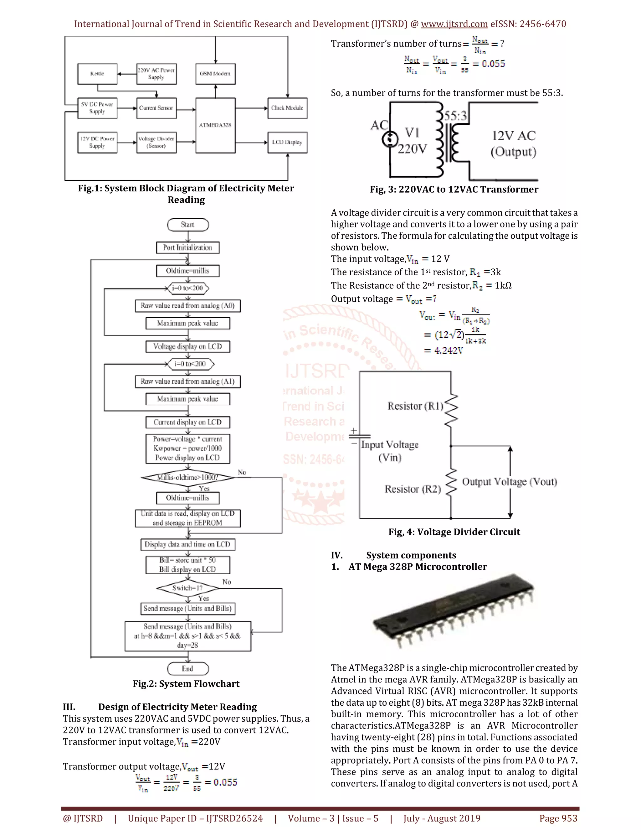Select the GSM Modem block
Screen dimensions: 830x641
(215, 74)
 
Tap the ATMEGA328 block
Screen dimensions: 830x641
(215, 125)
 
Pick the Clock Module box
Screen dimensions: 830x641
(287, 108)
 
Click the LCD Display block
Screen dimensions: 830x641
(287, 143)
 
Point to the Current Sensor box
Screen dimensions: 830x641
(156, 108)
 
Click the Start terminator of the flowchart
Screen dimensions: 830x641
(187, 225)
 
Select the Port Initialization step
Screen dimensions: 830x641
(187, 247)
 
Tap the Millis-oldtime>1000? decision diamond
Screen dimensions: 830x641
(187, 477)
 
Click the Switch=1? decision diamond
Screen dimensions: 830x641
(187, 588)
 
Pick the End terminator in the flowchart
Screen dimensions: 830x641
(187, 668)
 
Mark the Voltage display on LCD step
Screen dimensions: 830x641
(187, 347)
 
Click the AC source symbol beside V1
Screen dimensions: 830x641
(389, 139)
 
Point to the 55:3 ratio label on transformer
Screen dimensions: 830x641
(455, 116)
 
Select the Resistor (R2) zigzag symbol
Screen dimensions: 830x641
(451, 483)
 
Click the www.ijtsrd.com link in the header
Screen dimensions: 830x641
(454, 24)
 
